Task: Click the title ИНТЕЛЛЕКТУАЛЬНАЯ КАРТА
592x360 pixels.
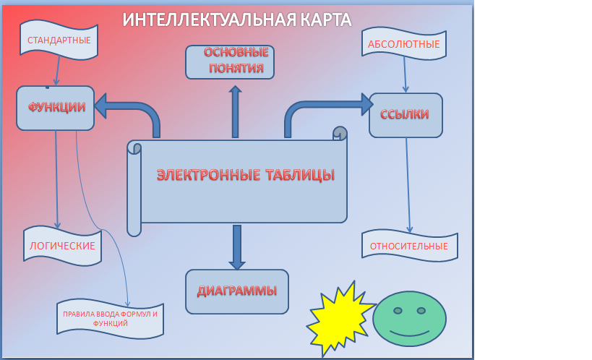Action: pyautogui.click(x=237, y=20)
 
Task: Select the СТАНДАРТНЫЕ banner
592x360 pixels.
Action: pyautogui.click(x=59, y=40)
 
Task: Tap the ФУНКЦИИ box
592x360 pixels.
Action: pyautogui.click(x=56, y=107)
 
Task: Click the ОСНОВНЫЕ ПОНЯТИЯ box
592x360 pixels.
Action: pyautogui.click(x=231, y=61)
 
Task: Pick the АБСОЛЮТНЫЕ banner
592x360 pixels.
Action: pyautogui.click(x=403, y=44)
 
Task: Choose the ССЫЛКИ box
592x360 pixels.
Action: pyautogui.click(x=406, y=115)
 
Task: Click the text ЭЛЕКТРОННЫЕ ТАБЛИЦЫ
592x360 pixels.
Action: pyautogui.click(x=246, y=175)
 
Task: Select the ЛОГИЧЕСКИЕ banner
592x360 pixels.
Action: pyautogui.click(x=62, y=246)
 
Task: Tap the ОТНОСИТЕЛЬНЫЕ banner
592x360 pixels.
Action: pyautogui.click(x=409, y=247)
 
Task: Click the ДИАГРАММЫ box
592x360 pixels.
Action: pyautogui.click(x=236, y=292)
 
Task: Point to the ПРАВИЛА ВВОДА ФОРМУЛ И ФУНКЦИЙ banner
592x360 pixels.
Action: pyautogui.click(x=110, y=319)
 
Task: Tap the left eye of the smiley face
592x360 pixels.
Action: pyautogui.click(x=398, y=311)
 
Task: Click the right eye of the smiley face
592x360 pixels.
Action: pyautogui.click(x=421, y=311)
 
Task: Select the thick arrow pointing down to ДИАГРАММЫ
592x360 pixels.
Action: pyautogui.click(x=236, y=248)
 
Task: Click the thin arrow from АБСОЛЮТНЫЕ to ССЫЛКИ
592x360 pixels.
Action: pyautogui.click(x=405, y=74)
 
